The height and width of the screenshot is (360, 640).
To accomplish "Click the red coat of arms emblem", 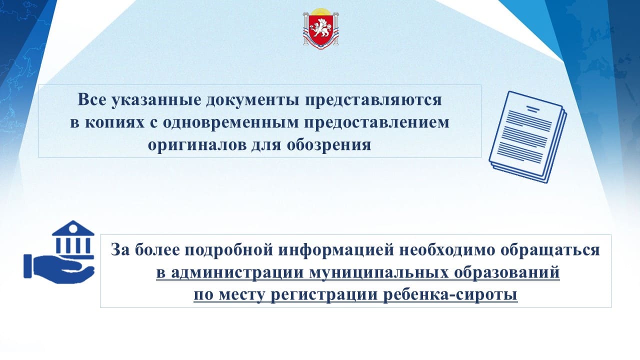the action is point(320,29).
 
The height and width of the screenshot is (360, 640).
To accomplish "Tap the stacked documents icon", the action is point(527,136).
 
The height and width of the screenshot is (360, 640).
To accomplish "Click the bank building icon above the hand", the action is point(73,239).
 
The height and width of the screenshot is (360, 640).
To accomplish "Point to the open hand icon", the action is point(59,269).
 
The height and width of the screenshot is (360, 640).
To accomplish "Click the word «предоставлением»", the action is point(376,123).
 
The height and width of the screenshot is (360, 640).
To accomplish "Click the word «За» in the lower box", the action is point(120,249).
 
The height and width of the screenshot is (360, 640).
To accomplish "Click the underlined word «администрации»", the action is point(237,273).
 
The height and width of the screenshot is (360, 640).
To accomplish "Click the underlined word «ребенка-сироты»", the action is point(450,294).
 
